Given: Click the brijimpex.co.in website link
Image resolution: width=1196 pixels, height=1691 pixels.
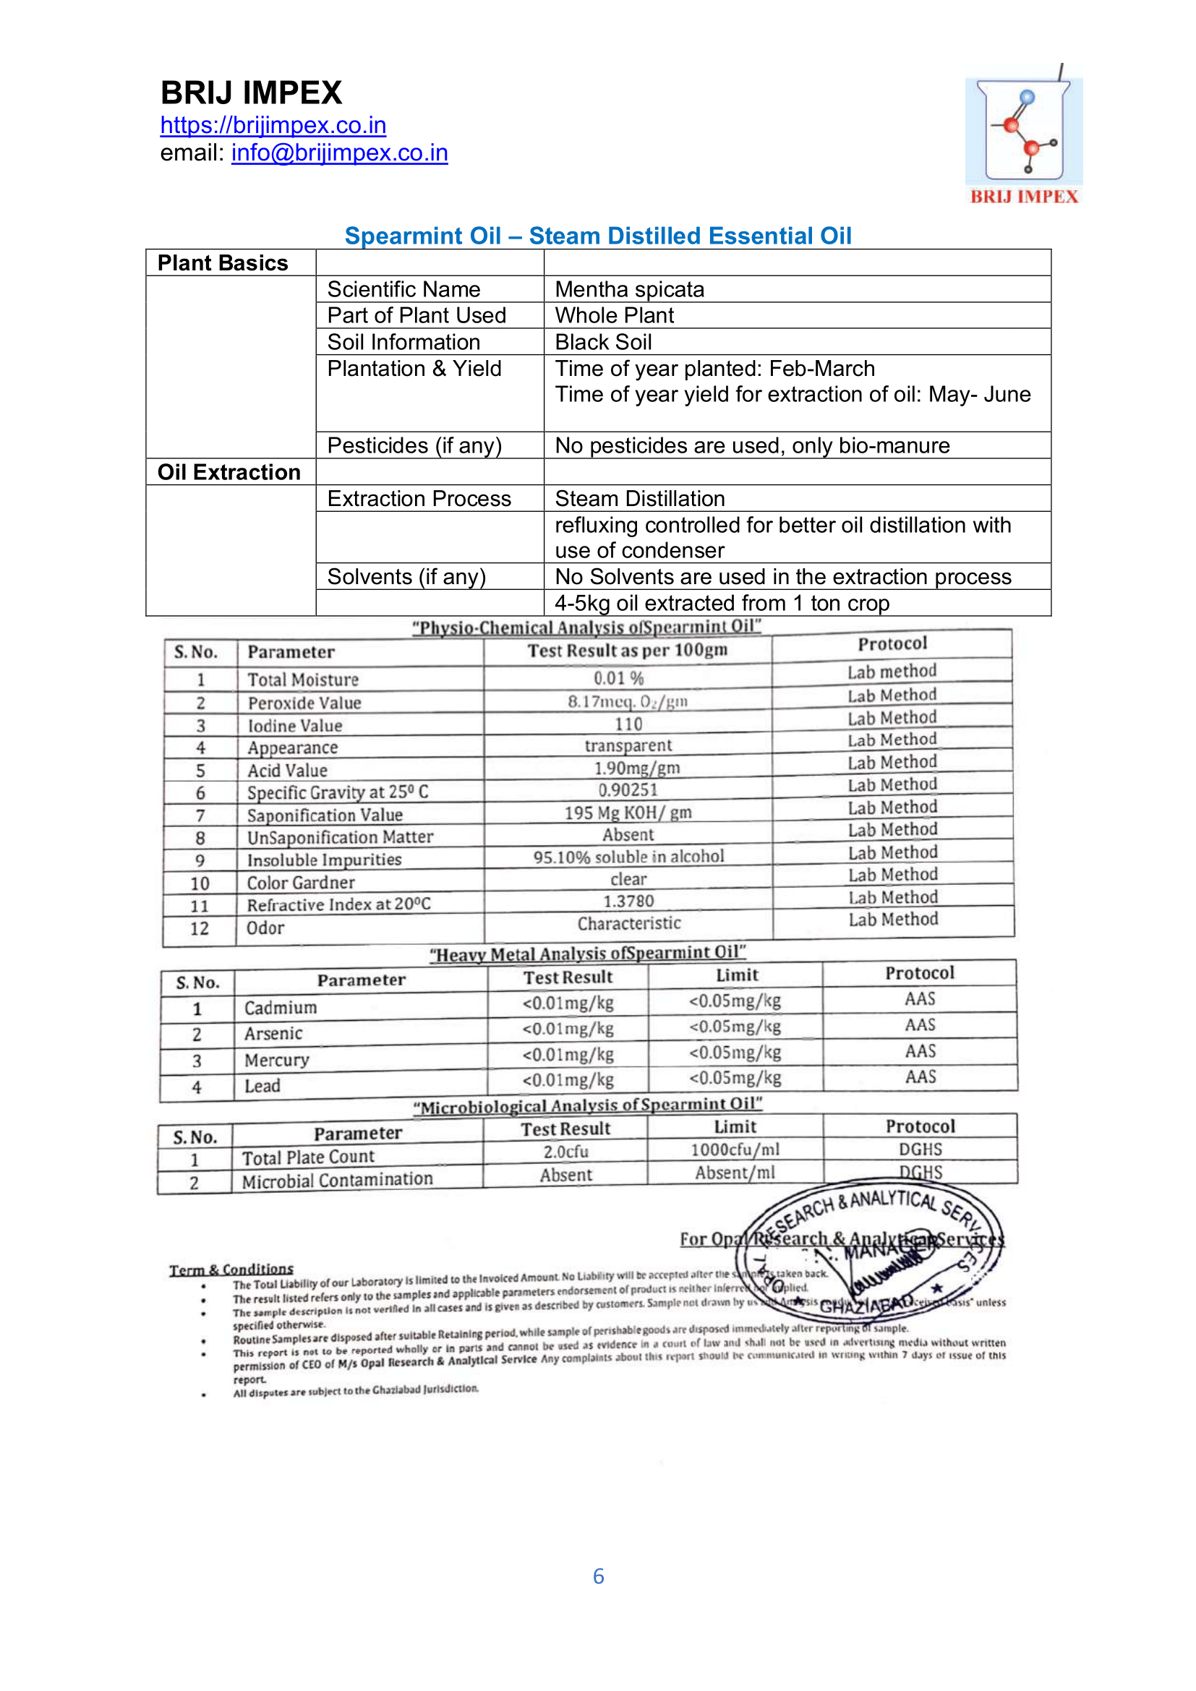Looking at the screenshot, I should pos(273,125).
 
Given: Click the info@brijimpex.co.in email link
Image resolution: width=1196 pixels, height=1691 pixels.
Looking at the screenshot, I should pos(340,153).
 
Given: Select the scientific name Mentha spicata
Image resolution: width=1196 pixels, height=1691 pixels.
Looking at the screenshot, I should pos(630,289).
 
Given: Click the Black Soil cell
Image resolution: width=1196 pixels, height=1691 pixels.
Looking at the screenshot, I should pos(603,343).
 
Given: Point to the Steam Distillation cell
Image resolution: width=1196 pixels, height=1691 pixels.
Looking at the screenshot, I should pos(640,499).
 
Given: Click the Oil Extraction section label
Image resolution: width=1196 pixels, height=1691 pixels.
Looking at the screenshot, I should pos(229,472).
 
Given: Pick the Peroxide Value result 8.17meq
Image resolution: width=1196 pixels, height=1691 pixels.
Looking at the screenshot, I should pos(628,701).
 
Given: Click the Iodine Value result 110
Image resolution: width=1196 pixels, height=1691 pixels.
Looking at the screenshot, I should pos(628,724).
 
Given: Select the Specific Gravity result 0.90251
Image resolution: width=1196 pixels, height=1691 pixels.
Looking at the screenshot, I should pos(628,790).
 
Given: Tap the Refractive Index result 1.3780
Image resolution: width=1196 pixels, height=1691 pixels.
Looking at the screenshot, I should pos(628,902).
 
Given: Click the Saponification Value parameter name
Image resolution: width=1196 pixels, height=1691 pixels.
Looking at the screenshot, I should pos(325,815).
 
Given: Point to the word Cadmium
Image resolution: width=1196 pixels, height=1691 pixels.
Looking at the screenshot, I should pos(281,1008).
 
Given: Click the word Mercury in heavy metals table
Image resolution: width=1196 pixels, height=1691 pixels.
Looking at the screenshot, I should pos(277,1060).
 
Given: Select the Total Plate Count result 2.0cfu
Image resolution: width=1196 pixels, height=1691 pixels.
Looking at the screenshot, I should pos(565,1152).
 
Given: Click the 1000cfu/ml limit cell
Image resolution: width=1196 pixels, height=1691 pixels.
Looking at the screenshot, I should pos(735,1150).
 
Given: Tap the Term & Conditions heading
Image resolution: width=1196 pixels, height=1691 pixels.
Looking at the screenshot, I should pos(231,1270).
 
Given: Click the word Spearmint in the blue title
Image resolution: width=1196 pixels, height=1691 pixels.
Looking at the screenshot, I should pos(423,236).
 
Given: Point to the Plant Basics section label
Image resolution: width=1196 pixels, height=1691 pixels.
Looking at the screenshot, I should pos(223,263).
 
